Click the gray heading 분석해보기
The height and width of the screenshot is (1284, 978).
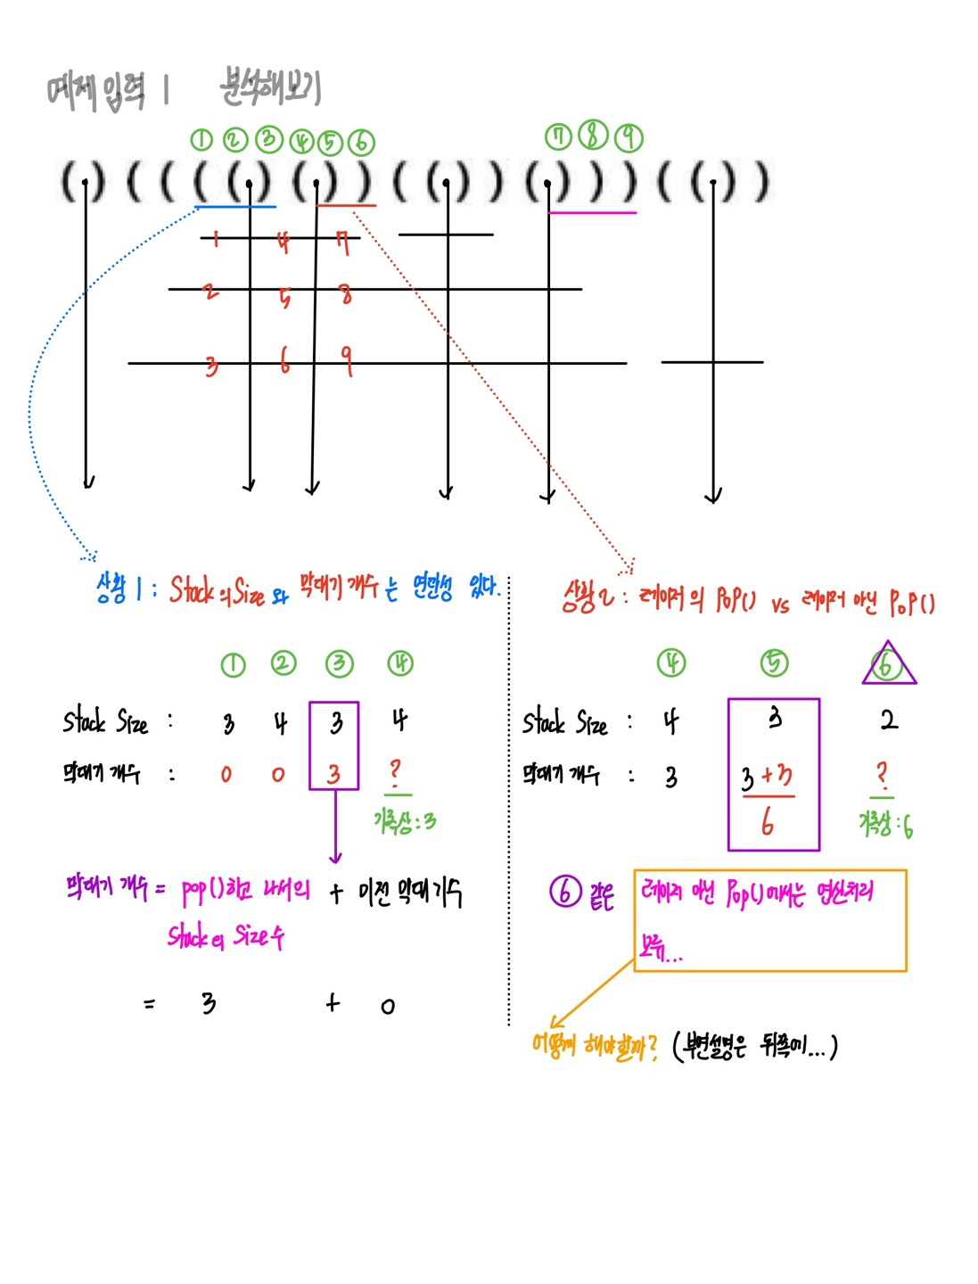(270, 87)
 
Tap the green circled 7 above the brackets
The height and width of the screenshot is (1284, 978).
(559, 136)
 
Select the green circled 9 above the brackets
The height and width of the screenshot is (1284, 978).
(629, 136)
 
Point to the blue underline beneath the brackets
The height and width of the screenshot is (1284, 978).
(235, 207)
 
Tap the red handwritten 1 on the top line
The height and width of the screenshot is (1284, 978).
(216, 237)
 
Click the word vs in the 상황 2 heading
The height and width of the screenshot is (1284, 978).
(780, 605)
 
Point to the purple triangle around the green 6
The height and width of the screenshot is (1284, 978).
(888, 664)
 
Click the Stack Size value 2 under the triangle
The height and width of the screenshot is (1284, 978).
(889, 720)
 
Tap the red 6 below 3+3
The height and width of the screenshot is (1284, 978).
(768, 822)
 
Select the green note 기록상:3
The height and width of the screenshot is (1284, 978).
(405, 821)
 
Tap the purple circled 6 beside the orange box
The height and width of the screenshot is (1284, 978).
(565, 891)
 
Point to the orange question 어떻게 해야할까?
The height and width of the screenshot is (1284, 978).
(594, 1045)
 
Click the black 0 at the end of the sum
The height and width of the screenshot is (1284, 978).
(387, 1007)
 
